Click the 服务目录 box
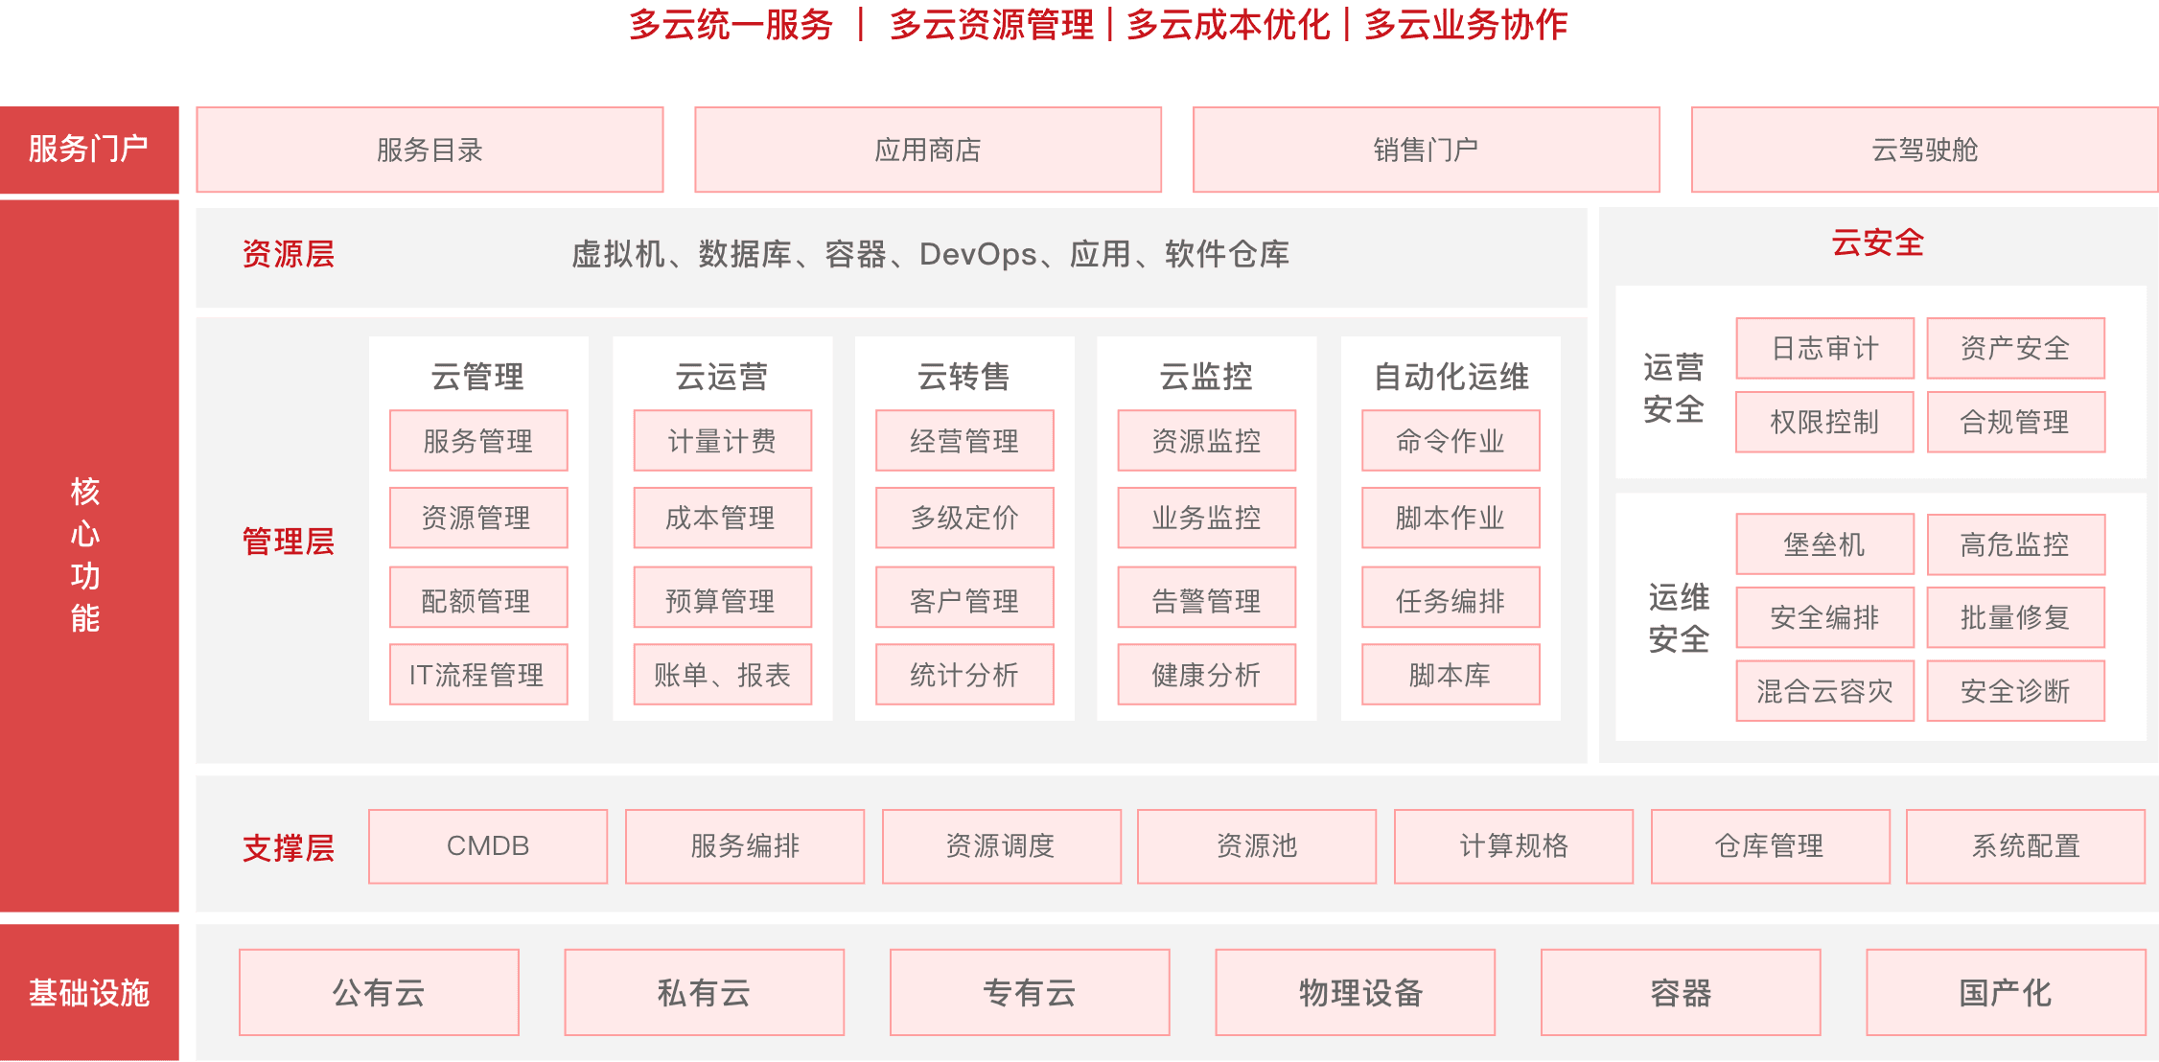coord(429,150)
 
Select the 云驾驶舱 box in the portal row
coord(1924,150)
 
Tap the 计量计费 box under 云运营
coord(722,441)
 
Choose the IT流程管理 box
coord(478,675)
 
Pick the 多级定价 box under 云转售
coord(964,518)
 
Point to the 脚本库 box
coord(1451,675)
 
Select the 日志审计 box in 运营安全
coord(1824,348)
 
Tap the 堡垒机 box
coord(1824,544)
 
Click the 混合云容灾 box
coord(1824,691)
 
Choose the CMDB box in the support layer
coord(488,846)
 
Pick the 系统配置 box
coord(2026,846)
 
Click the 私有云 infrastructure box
coord(704,992)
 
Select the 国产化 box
coord(2006,992)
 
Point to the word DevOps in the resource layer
coord(978,254)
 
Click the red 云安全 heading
coord(1877,242)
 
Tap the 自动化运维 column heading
coord(1451,377)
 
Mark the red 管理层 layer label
coord(288,542)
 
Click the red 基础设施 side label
coord(88,992)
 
